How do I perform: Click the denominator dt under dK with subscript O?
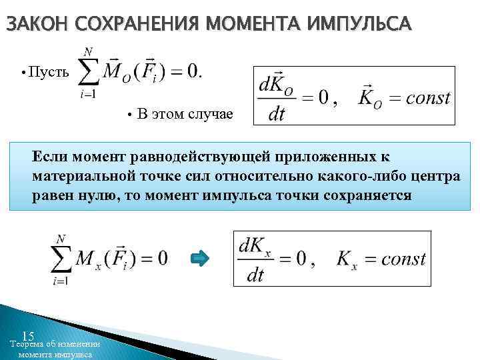coord(276,115)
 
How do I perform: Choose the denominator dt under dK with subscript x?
coord(255,275)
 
